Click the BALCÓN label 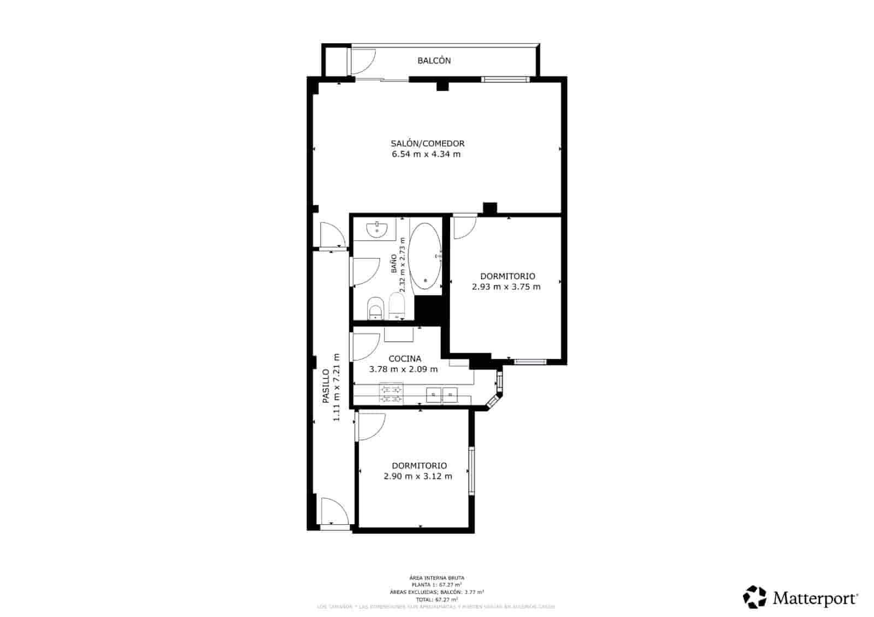[434, 61]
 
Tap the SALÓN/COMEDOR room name [427, 144]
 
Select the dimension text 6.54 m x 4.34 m [426, 155]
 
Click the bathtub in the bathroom [425, 256]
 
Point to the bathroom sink [377, 229]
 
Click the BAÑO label [394, 264]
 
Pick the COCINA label [405, 359]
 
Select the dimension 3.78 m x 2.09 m [403, 369]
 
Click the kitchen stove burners [392, 394]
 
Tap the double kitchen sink [441, 394]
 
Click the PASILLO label [326, 386]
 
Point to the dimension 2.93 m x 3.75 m [506, 287]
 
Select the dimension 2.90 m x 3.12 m [418, 476]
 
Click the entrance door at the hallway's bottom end [334, 512]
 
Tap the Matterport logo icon [755, 597]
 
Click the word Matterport [814, 598]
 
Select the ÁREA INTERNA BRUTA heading [436, 578]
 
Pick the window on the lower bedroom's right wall [471, 471]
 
